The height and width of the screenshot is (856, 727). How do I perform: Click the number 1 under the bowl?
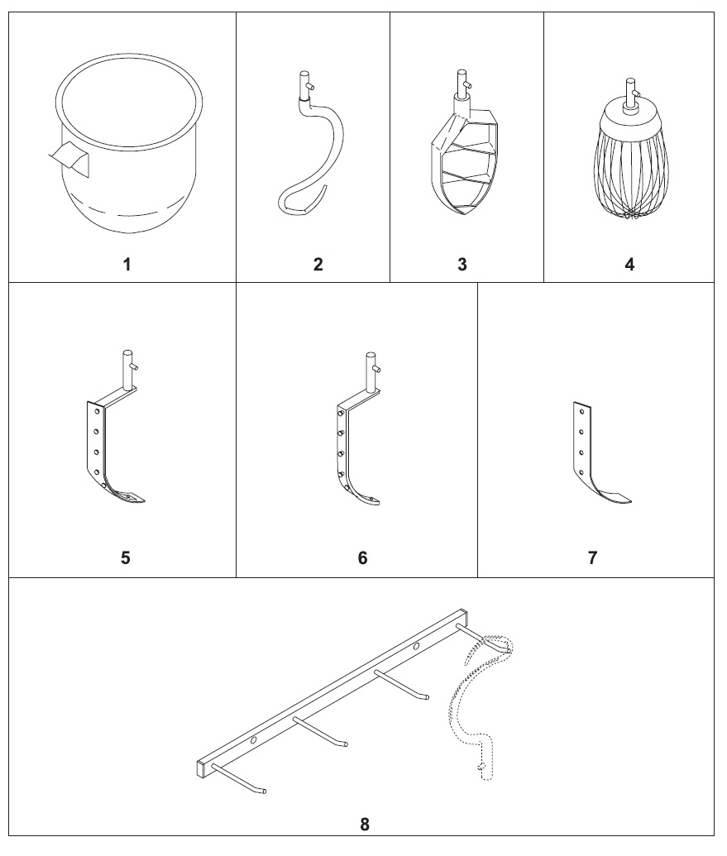127,265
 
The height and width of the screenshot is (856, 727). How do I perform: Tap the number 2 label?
318,265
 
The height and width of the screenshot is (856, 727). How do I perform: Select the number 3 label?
462,265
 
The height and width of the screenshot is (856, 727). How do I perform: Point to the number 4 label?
629,265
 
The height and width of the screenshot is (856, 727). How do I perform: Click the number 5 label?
126,558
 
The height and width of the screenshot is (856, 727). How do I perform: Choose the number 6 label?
363,558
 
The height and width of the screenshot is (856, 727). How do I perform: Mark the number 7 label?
593,558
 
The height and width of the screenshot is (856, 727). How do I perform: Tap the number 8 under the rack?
365,825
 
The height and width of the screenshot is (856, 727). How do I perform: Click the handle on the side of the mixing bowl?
69,158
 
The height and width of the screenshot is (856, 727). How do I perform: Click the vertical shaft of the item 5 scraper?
128,370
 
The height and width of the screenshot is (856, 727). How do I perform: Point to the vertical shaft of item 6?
371,371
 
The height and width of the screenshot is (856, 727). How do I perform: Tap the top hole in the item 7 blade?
581,412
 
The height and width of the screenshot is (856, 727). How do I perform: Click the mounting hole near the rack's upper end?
417,647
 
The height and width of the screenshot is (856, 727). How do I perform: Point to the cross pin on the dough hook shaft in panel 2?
309,86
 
